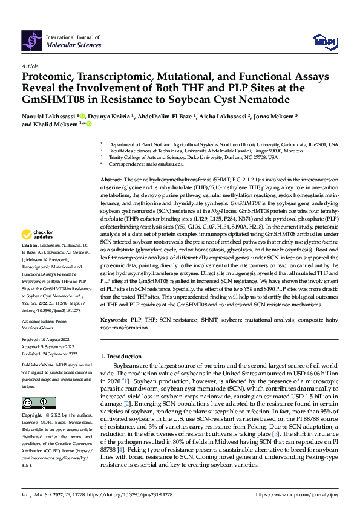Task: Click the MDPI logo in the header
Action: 323,41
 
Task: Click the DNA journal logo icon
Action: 31,41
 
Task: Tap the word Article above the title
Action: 30,66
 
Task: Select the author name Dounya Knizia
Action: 111,115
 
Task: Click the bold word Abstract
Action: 111,180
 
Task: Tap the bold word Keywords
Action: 113,318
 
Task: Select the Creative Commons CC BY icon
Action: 38,403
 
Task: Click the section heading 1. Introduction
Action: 123,356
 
